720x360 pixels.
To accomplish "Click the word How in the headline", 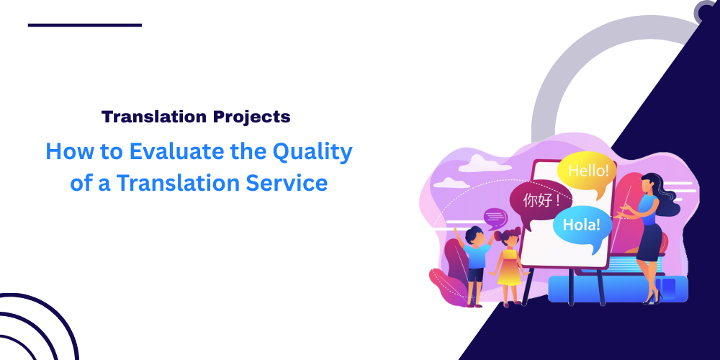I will coord(66,152).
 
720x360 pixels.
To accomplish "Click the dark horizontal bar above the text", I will coord(85,25).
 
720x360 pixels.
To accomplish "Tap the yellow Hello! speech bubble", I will coord(588,171).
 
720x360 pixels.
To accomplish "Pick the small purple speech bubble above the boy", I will coord(495,217).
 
